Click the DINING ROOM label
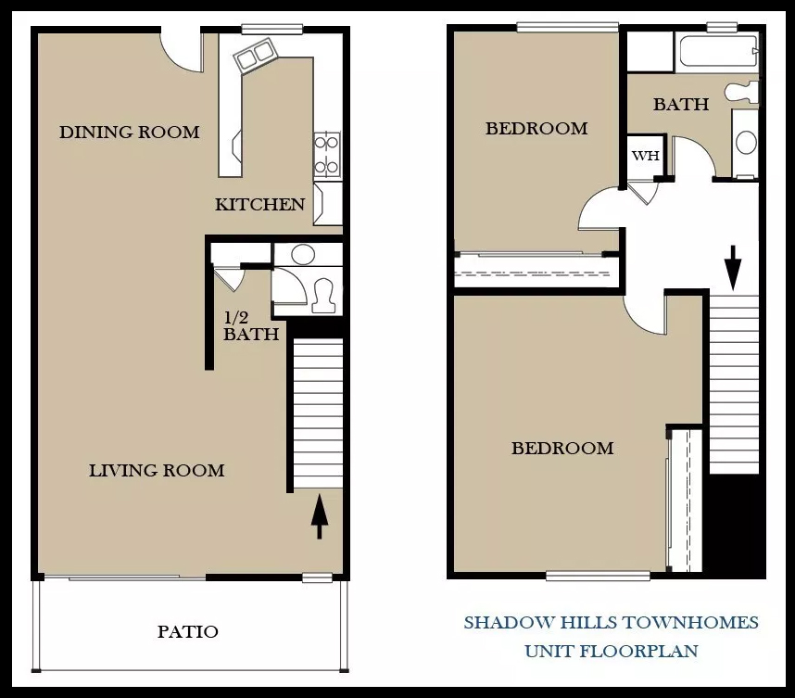click(x=130, y=132)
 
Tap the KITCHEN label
click(x=259, y=205)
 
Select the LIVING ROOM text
click(x=157, y=470)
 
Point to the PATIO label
click(x=187, y=631)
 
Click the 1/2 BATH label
click(x=251, y=326)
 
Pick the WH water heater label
click(x=646, y=155)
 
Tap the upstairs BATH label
click(x=681, y=104)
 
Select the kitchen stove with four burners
click(x=326, y=155)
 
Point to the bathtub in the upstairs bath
click(x=718, y=51)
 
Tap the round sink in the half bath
click(x=303, y=254)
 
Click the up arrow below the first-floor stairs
click(x=319, y=516)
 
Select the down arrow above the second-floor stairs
click(x=733, y=268)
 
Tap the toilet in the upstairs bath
click(x=742, y=92)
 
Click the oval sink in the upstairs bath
click(x=746, y=143)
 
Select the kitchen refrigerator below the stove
click(x=327, y=204)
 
